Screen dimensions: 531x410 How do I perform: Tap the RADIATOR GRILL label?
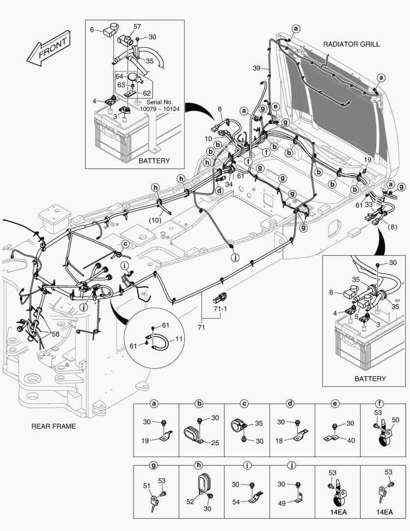click(x=351, y=44)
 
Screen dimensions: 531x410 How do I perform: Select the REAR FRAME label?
click(x=54, y=426)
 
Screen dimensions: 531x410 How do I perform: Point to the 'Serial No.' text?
click(x=157, y=102)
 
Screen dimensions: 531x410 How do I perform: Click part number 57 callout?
click(x=137, y=27)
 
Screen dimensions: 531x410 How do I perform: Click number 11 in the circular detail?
click(x=179, y=339)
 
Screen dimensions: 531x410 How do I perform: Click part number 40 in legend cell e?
click(x=351, y=441)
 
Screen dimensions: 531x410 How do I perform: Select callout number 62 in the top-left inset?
click(x=147, y=93)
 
